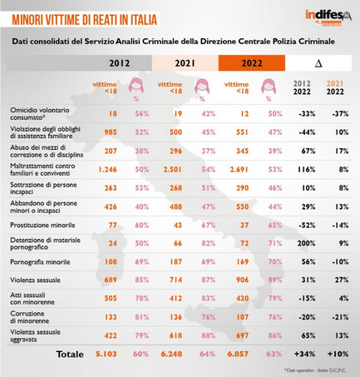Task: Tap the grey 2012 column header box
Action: click(120, 62)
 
